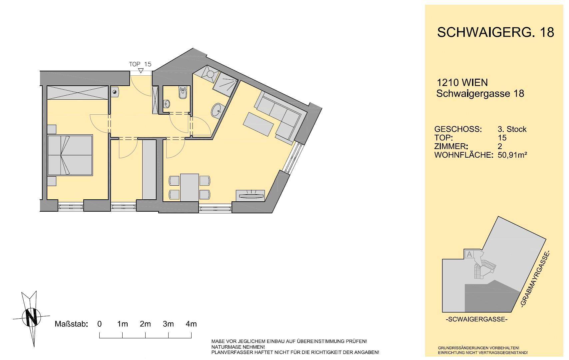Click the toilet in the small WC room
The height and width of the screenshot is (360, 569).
click(x=183, y=93)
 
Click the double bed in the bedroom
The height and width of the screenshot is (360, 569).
click(x=70, y=155)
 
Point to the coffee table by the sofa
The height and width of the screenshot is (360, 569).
click(x=258, y=124)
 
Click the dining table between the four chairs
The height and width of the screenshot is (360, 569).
click(x=190, y=188)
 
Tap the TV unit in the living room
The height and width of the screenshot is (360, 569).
click(x=250, y=196)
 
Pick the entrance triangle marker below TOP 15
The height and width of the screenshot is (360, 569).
click(x=141, y=71)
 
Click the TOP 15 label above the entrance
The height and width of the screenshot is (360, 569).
click(x=140, y=64)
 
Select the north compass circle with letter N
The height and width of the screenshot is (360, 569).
click(x=32, y=318)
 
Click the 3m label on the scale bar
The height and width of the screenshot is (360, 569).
click(x=168, y=324)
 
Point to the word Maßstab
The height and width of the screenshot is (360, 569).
click(x=71, y=324)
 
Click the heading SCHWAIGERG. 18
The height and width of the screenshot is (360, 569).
click(x=495, y=33)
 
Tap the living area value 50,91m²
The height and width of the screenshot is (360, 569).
click(x=512, y=155)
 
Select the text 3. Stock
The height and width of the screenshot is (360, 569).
click(x=512, y=129)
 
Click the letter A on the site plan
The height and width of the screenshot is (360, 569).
click(x=469, y=254)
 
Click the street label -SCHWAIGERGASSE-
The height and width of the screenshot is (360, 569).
click(x=476, y=319)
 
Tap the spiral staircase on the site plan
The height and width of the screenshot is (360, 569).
click(x=484, y=269)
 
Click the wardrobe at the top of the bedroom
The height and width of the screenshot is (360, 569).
click(x=78, y=93)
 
